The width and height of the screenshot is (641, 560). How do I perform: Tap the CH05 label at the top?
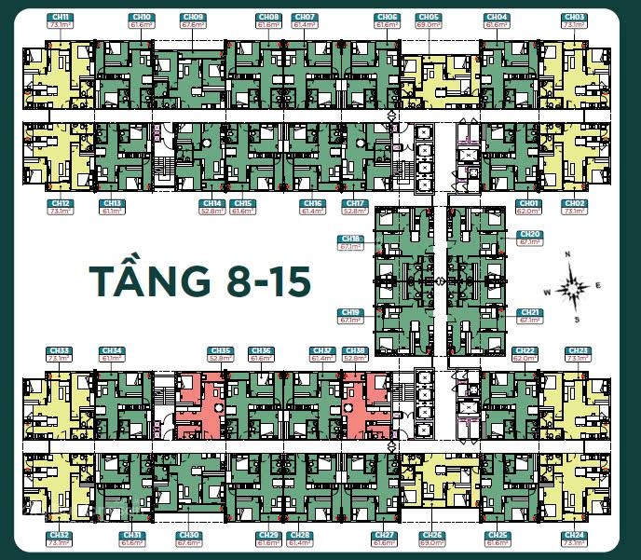pyautogui.click(x=429, y=17)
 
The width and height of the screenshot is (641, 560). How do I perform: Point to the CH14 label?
pyautogui.click(x=212, y=202)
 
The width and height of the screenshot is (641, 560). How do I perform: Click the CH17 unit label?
pyautogui.click(x=355, y=202)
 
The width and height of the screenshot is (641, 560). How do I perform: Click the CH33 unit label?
pyautogui.click(x=59, y=350)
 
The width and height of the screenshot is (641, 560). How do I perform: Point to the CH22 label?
pyautogui.click(x=524, y=350)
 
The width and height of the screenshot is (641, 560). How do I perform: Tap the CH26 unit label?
pyautogui.click(x=430, y=535)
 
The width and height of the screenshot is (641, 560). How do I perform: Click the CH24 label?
pyautogui.click(x=575, y=535)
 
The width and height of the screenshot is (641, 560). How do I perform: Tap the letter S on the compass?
pyautogui.click(x=578, y=320)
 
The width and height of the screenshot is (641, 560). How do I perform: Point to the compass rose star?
pyautogui.click(x=572, y=288)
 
